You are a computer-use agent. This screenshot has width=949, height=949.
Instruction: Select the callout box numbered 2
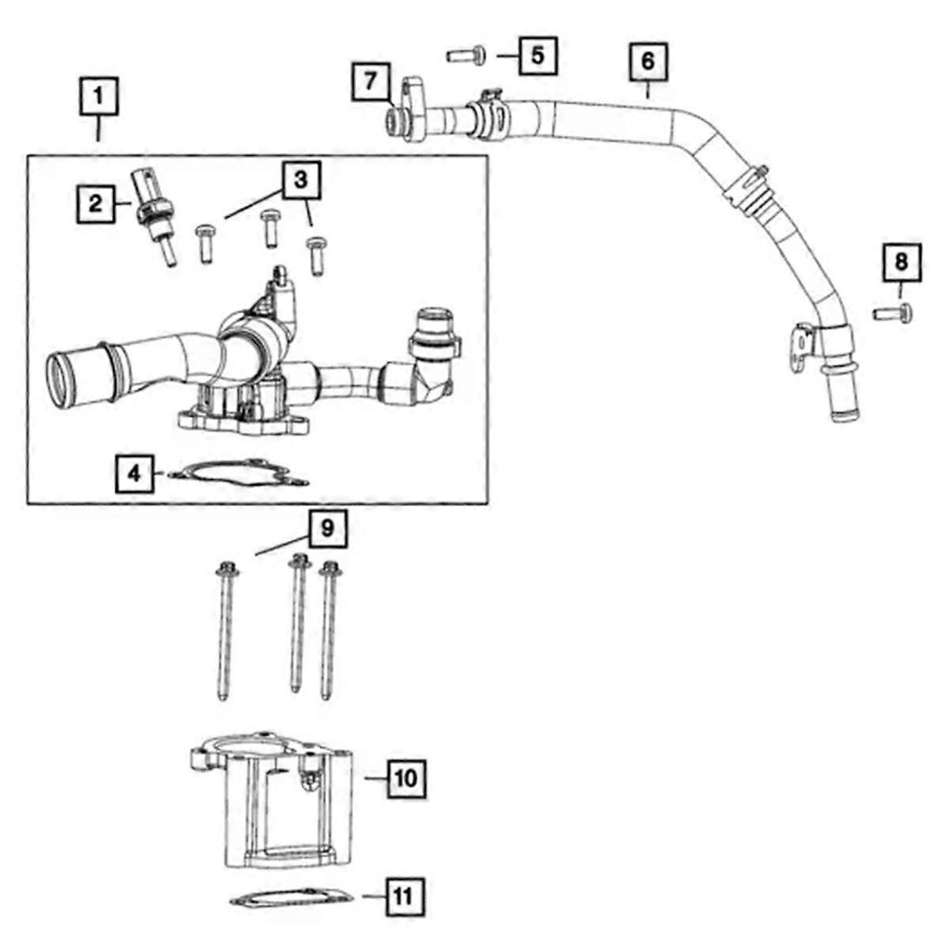pos(95,203)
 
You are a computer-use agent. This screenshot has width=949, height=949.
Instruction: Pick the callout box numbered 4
pos(135,474)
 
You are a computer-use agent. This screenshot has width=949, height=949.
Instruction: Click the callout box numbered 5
pos(538,56)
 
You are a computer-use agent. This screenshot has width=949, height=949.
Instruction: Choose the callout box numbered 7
pos(371,82)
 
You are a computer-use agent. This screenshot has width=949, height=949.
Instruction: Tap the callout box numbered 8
pos(902,263)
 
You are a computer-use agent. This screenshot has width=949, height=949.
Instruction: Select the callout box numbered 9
pos(327,529)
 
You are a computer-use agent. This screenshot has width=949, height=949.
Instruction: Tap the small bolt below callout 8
pos(893,313)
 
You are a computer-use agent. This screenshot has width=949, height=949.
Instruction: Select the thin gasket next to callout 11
pos(291,898)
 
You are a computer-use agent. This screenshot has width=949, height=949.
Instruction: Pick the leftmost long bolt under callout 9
pos(225,630)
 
